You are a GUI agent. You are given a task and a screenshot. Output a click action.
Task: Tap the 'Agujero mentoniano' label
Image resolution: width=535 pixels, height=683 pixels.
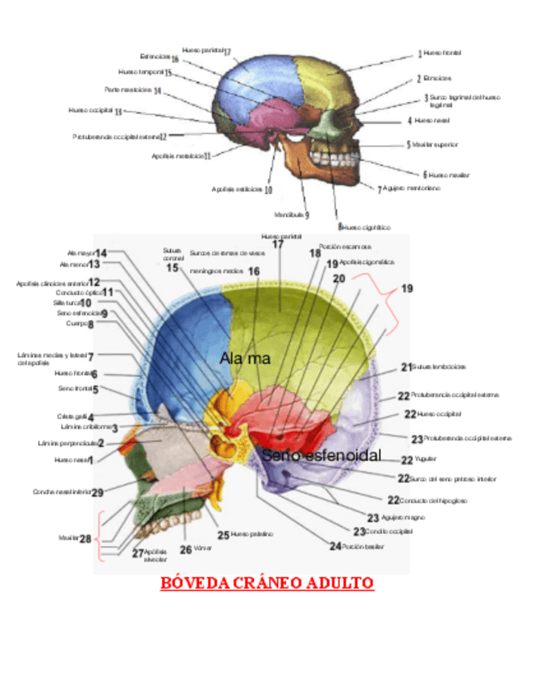pos(409,188)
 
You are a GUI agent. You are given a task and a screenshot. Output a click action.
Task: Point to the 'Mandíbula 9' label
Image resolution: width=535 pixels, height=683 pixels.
pos(291,215)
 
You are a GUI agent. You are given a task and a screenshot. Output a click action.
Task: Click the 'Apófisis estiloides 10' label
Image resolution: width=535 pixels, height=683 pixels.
pos(242,190)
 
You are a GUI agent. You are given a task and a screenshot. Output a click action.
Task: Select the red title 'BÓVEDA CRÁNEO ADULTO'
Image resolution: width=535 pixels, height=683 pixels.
pos(267,583)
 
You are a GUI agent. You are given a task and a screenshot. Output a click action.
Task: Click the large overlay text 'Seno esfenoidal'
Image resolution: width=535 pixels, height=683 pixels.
pos(321,456)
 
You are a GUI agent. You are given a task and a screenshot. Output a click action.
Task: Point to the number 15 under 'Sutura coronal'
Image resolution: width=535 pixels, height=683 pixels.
pos(173,268)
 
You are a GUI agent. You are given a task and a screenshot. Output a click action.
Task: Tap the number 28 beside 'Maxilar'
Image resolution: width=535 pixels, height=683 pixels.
pos(85,538)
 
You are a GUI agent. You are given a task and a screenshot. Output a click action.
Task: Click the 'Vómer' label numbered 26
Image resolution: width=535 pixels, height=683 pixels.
pos(194,549)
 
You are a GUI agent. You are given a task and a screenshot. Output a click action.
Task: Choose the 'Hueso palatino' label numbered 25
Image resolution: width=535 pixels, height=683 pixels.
pos(245,534)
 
